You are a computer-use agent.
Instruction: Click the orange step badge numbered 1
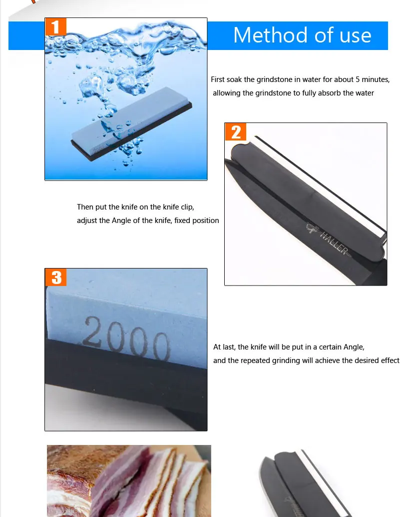[x=55, y=26]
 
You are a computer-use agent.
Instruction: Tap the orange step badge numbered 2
[x=235, y=132]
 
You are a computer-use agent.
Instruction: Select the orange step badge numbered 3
[x=56, y=276]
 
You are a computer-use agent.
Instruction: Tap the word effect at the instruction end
[x=390, y=360]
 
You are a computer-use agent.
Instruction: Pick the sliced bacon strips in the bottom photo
[x=165, y=480]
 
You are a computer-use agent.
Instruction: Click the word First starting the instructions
[x=218, y=79]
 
